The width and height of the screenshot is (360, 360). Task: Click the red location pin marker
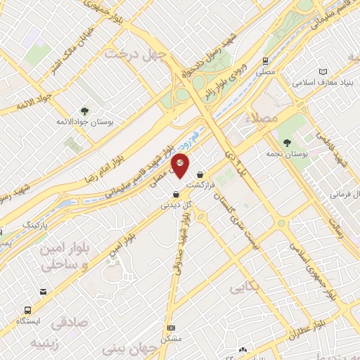[180, 165]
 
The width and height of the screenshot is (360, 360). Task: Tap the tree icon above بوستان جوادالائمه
[84, 111]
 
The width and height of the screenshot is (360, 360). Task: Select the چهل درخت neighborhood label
[136, 53]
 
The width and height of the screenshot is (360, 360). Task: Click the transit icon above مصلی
[266, 62]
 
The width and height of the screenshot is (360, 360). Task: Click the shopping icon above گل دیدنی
[167, 195]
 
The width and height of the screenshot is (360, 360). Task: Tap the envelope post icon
[44, 291]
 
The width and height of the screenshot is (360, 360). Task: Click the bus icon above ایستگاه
[28, 309]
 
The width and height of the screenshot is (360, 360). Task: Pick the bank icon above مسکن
[171, 328]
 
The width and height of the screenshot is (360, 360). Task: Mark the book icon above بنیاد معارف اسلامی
[323, 72]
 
